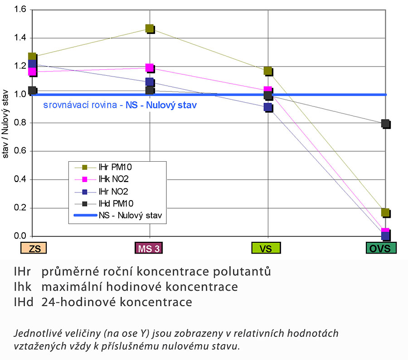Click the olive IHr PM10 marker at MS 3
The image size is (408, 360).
(x=150, y=29)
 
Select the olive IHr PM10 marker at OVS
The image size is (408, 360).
(x=385, y=212)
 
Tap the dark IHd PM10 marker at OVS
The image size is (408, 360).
(x=385, y=123)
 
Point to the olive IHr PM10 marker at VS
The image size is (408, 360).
(x=268, y=71)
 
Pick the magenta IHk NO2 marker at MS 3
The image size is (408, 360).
(x=150, y=68)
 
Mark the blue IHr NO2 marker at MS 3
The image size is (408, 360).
(x=150, y=82)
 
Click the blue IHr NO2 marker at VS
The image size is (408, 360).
(x=268, y=107)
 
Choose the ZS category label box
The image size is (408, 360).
(x=34, y=248)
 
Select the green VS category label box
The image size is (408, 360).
(x=266, y=248)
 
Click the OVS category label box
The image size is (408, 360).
(x=381, y=248)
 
